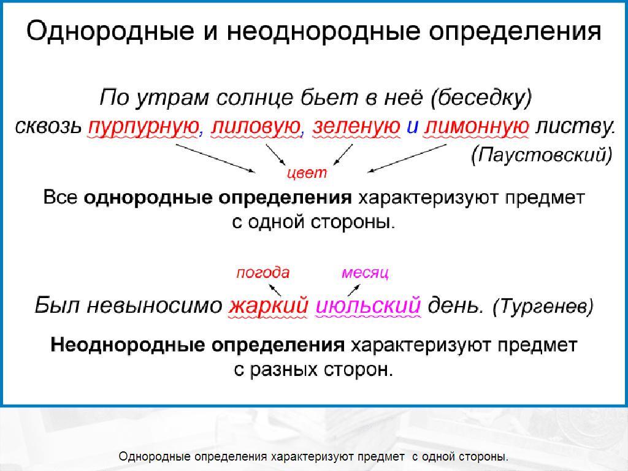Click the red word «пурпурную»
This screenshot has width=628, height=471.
[144, 128]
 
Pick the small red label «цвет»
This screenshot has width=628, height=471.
[307, 173]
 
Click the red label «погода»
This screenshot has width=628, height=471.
[262, 273]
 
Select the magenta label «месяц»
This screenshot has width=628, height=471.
[365, 273]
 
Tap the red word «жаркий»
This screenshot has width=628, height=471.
[268, 306]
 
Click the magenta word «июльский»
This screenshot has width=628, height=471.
[368, 306]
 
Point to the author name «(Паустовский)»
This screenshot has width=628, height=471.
[542, 155]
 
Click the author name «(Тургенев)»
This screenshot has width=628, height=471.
[543, 307]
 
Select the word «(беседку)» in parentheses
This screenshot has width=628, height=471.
[481, 98]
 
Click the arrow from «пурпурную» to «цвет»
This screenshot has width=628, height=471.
[215, 158]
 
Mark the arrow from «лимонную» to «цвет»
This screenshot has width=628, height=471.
[407, 158]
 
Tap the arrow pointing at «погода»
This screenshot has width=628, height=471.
[275, 289]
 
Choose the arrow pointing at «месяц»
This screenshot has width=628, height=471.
[354, 290]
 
